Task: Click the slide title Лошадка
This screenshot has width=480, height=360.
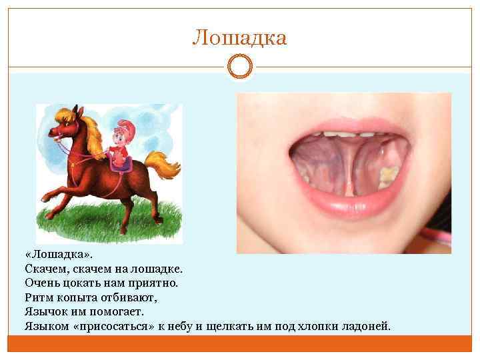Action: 239,38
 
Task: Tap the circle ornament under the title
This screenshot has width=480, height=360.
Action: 240,67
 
